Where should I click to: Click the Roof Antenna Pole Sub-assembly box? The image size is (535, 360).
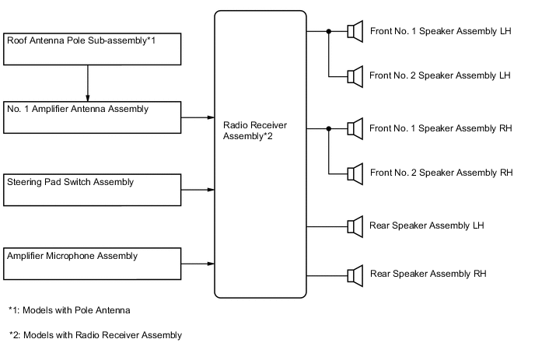click(93, 48)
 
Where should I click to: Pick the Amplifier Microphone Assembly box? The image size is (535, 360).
click(93, 264)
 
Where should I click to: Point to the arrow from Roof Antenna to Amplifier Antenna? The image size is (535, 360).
click(88, 82)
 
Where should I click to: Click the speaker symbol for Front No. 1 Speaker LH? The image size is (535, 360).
click(355, 32)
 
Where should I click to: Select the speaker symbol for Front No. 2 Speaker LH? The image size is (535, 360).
click(355, 75)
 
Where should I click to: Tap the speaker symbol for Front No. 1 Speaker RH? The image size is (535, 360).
click(355, 127)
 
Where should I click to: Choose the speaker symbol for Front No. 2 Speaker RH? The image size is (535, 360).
click(355, 172)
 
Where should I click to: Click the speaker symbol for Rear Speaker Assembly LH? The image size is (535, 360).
click(355, 226)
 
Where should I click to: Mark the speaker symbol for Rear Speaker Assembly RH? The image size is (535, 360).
click(355, 274)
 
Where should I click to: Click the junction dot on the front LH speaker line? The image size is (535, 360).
click(329, 32)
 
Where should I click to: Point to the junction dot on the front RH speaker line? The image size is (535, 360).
click(329, 127)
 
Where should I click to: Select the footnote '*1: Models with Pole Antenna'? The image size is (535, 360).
click(69, 310)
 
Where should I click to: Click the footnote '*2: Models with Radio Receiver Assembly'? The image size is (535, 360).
click(95, 335)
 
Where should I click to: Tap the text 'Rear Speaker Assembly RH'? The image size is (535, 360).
click(428, 274)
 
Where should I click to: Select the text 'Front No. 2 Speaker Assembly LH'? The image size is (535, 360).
click(439, 75)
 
